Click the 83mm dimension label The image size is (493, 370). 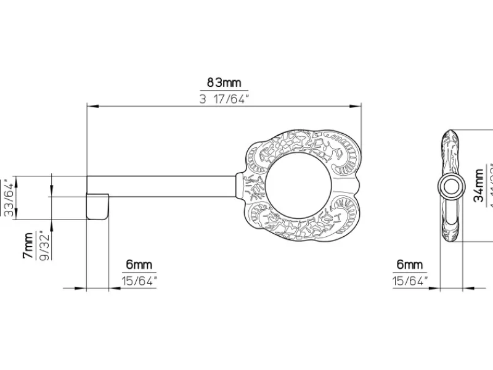click(224, 82)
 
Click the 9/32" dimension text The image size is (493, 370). click(44, 245)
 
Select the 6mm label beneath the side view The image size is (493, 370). click(410, 265)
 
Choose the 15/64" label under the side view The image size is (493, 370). click(410, 281)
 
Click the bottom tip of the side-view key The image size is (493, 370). click(451, 240)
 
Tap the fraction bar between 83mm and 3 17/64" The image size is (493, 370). click(224, 91)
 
